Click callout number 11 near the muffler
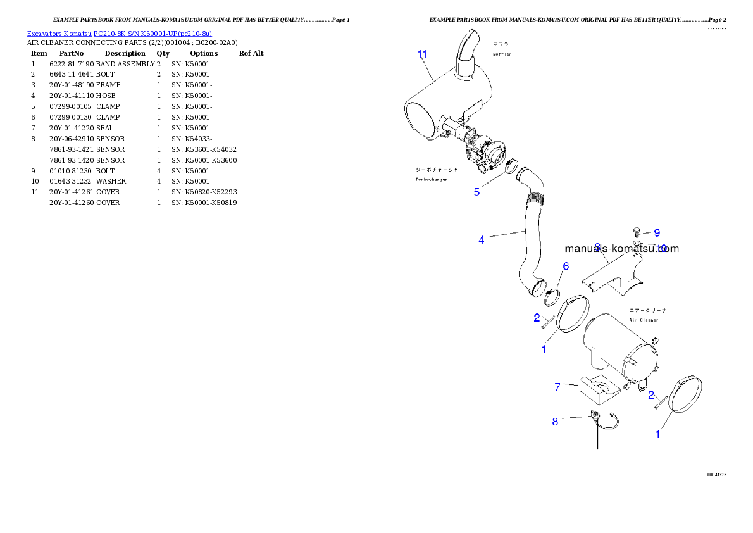tap(422, 54)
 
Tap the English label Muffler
tap(504, 54)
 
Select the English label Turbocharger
tap(432, 180)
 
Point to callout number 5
tap(476, 192)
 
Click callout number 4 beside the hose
tap(482, 240)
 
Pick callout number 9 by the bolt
tap(657, 233)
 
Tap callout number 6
tap(566, 266)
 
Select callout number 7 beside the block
tap(557, 387)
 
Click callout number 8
tap(555, 422)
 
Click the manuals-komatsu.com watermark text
tap(621, 249)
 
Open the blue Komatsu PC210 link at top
tap(119, 33)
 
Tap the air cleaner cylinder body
tap(617, 345)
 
